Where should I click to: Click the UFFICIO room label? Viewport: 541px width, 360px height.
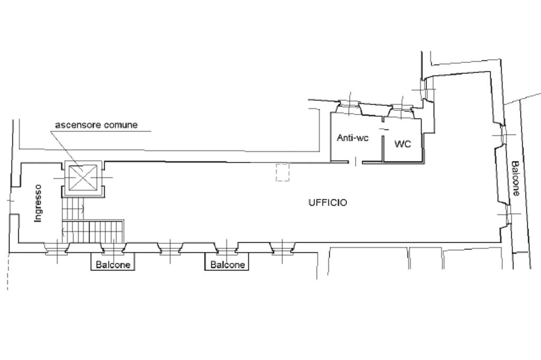point(328,203)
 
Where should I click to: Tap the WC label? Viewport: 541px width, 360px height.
point(403,144)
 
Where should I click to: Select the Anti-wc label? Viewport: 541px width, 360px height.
point(352,138)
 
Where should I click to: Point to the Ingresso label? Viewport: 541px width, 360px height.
point(38,203)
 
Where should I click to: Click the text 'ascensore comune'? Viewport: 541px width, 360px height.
point(96,125)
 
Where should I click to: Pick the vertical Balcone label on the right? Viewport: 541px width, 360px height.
point(515,178)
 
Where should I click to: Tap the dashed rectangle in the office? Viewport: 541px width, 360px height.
point(283,173)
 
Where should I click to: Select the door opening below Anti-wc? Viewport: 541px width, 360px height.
point(355,161)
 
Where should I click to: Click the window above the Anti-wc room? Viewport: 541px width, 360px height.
point(349,107)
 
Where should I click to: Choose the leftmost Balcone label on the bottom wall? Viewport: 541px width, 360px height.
point(113,264)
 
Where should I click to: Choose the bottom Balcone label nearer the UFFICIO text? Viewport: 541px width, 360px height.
point(228,264)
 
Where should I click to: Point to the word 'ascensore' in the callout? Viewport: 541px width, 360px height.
point(74,125)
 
